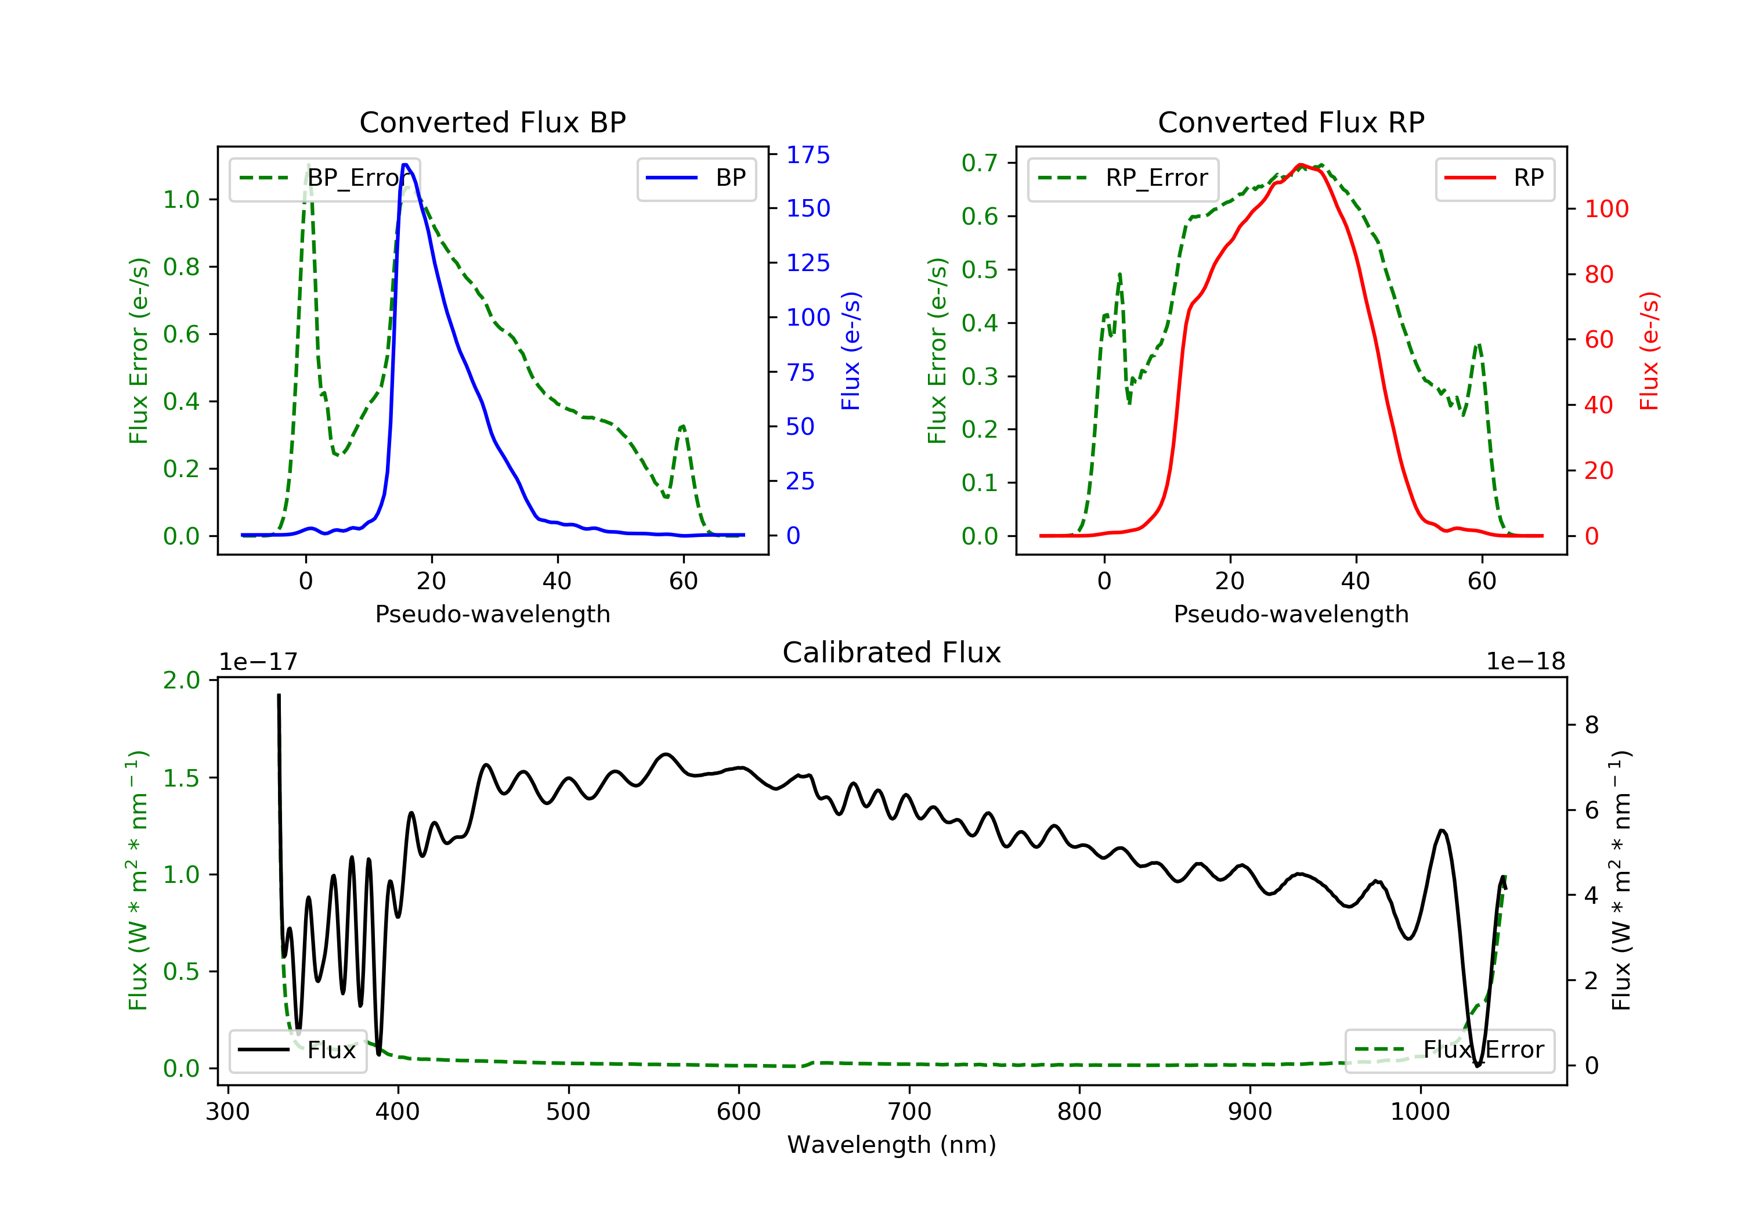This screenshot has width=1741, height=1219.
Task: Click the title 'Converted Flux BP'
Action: tap(493, 122)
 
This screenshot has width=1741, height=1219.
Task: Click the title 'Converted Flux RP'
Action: tap(1291, 122)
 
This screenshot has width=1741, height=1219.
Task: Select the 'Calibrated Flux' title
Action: tap(892, 652)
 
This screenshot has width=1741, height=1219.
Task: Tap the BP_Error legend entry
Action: tap(324, 178)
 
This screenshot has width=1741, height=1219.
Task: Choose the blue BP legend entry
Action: tap(696, 178)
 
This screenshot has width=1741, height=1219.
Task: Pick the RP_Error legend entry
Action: tap(1122, 178)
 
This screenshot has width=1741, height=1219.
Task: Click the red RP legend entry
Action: tap(1494, 178)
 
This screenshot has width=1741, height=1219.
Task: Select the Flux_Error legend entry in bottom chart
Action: tap(1449, 1050)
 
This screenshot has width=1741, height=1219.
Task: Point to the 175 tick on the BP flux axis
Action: tap(808, 155)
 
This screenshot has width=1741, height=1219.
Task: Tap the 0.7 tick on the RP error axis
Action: tap(979, 163)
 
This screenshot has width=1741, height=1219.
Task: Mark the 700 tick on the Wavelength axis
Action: tap(909, 1112)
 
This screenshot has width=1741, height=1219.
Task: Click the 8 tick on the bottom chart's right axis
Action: tap(1592, 725)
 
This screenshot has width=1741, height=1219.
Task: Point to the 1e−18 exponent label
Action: tap(1526, 662)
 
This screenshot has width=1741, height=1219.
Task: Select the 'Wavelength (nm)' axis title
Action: tap(892, 1145)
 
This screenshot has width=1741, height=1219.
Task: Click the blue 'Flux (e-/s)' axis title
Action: tap(851, 351)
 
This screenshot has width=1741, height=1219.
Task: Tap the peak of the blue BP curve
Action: tap(406, 165)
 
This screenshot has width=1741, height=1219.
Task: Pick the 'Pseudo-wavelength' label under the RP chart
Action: tap(1291, 614)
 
